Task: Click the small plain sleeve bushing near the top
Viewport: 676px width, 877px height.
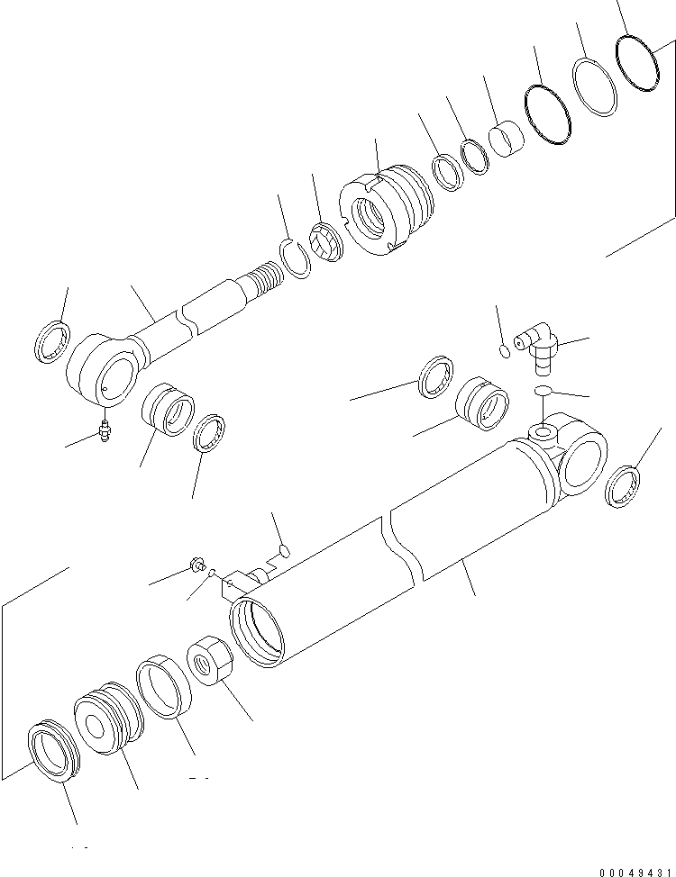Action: pos(506,139)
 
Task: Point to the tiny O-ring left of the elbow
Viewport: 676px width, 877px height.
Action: pos(505,350)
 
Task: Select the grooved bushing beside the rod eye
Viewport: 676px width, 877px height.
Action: pos(166,410)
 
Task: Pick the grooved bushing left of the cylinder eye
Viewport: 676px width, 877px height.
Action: pos(482,403)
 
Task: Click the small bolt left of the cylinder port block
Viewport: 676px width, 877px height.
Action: pos(194,565)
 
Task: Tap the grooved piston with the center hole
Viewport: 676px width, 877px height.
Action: pos(107,721)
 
